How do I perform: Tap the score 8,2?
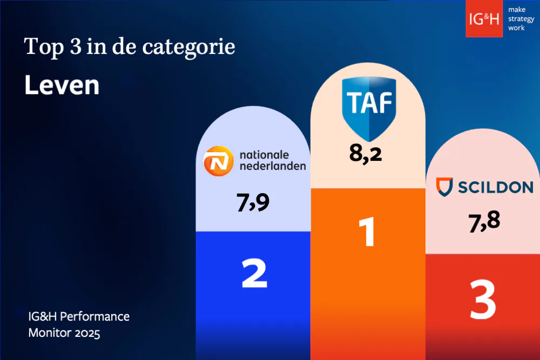click(x=366, y=153)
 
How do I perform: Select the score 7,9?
click(x=253, y=202)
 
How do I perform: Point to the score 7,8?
click(x=484, y=221)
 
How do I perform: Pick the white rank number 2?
click(x=254, y=274)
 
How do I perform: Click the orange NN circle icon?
click(x=219, y=160)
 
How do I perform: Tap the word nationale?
click(x=265, y=154)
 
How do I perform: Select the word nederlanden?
click(x=273, y=166)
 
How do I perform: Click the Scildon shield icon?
click(x=444, y=187)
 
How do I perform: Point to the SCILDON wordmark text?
click(x=495, y=187)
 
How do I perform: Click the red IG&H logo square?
click(x=484, y=19)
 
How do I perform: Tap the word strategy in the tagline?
click(x=521, y=19)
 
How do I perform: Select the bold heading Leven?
click(x=62, y=85)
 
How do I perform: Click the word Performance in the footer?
click(x=98, y=316)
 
